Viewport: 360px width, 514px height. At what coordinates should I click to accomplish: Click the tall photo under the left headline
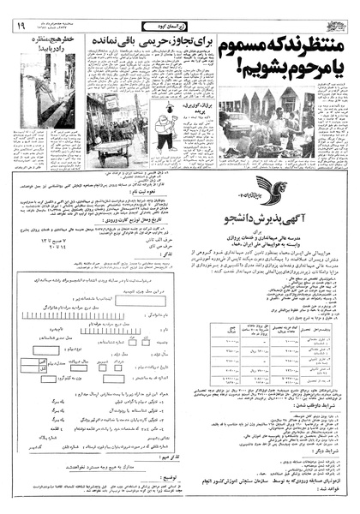click(35, 102)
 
